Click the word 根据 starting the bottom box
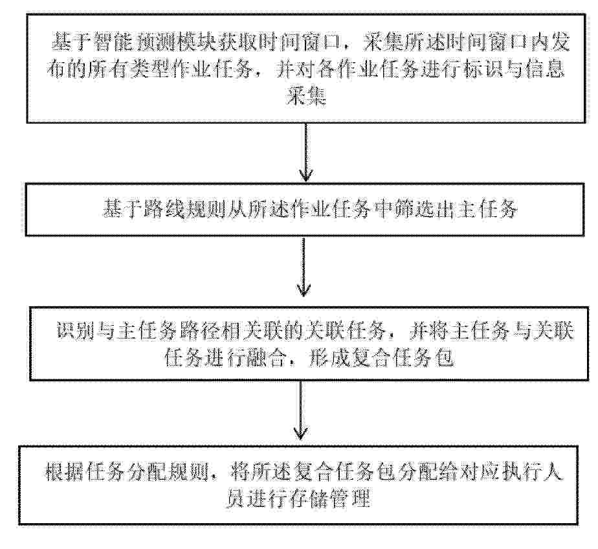coord(63,472)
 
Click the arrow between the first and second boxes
coord(306,152)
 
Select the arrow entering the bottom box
coord(300,410)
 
